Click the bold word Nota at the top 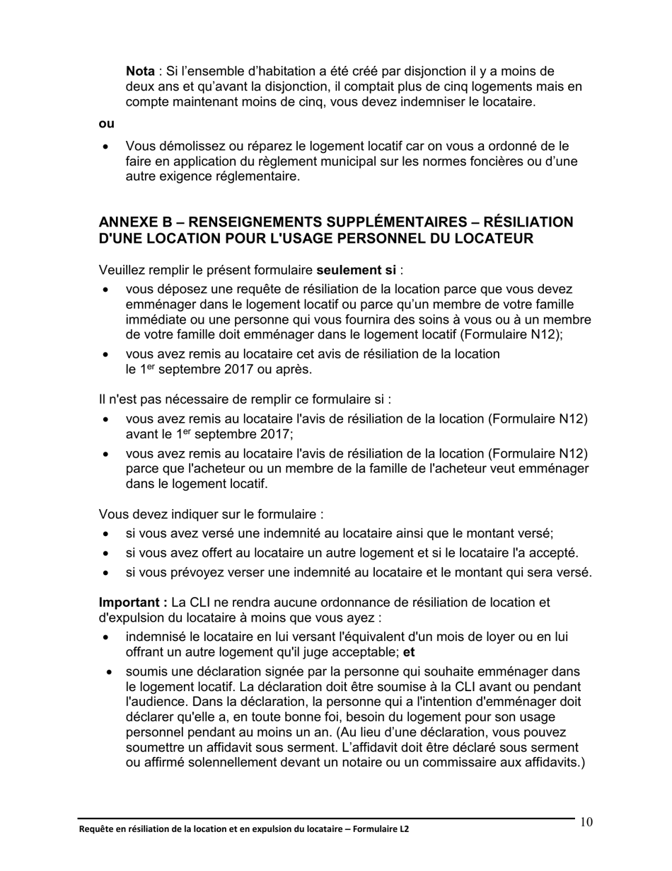(x=140, y=71)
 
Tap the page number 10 (x=586, y=822)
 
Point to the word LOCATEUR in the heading (x=492, y=239)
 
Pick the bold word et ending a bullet (x=408, y=651)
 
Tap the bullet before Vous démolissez (x=106, y=147)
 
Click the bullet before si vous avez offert (x=106, y=553)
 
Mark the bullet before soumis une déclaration (x=110, y=671)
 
